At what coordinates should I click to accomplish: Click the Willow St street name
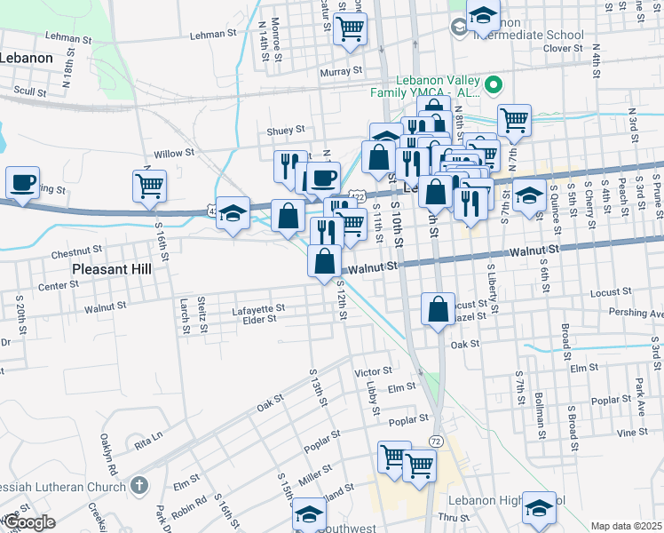pos(174,154)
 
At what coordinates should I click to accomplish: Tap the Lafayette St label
pos(257,309)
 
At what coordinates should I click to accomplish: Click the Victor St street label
pos(373,370)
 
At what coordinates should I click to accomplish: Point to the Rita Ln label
pos(149,437)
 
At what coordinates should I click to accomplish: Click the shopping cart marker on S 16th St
pos(150,186)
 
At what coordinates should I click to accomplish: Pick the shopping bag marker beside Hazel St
pos(439,310)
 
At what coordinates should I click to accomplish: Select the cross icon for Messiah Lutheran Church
pos(138,485)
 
